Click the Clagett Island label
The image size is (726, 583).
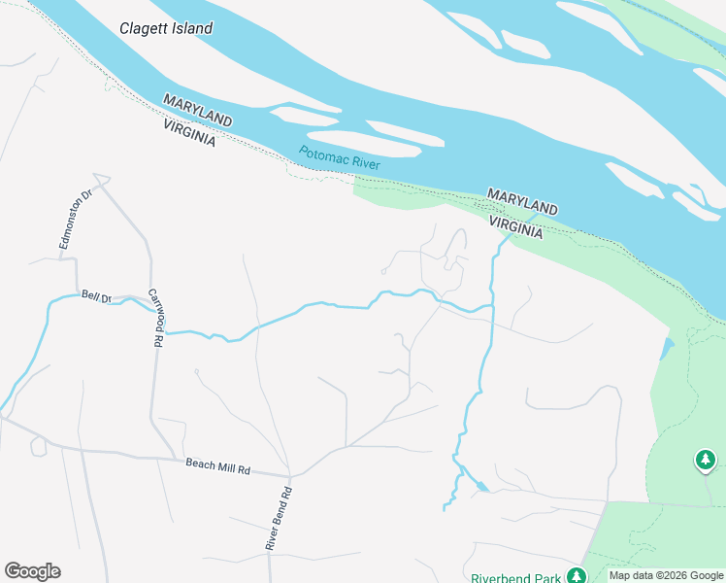point(166,28)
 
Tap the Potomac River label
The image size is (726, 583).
point(340,158)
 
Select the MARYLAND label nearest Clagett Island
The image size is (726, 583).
point(198,110)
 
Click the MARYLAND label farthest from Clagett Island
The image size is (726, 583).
point(522,202)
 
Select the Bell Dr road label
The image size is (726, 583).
point(97,295)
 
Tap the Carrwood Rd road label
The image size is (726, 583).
point(155,318)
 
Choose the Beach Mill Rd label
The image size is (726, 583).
point(217,468)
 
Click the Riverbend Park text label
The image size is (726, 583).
point(515,578)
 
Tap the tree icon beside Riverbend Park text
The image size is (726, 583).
point(577,576)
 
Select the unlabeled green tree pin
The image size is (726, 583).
point(705,459)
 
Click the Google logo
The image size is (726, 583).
point(32,570)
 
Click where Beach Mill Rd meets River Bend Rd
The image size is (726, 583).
point(290,476)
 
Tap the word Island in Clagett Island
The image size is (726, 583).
point(191,28)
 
